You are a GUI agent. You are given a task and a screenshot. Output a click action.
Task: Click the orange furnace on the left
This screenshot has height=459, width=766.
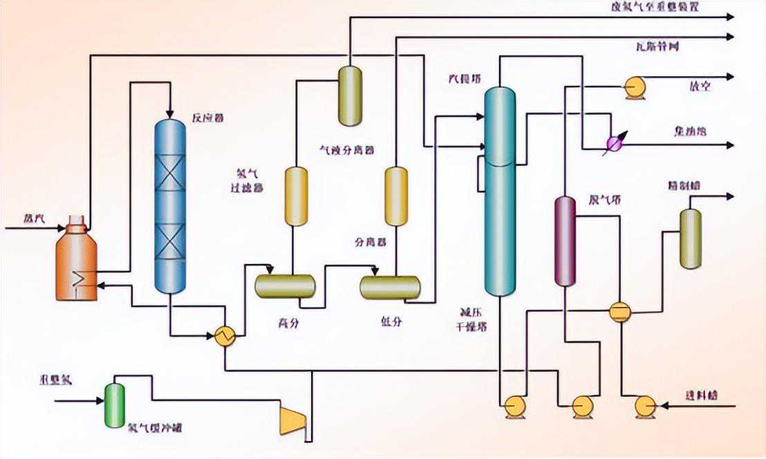76,263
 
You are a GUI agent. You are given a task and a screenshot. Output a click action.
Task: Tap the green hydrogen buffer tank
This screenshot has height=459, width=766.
114,404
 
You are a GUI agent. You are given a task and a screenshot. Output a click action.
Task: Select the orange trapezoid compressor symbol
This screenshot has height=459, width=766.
292,420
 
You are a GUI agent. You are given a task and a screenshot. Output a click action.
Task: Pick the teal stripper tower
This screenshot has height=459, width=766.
500,194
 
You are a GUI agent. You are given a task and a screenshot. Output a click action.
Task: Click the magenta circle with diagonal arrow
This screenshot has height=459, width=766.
613,143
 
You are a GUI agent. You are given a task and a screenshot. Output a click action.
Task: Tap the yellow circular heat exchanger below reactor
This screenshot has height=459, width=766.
225,336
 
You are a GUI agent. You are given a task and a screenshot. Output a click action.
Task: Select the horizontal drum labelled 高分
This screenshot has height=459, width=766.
285,286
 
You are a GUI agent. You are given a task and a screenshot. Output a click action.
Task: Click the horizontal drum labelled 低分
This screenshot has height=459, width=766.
390,287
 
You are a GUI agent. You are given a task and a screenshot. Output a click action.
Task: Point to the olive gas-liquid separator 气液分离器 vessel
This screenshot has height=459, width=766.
350,96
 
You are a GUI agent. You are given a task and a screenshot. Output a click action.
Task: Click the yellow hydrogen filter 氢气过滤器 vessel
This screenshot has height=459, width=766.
296,196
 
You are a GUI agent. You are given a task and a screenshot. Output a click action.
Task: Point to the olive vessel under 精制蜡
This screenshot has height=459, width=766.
690,238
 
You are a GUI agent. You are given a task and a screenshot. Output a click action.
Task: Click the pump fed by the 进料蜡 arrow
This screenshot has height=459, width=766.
645,406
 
